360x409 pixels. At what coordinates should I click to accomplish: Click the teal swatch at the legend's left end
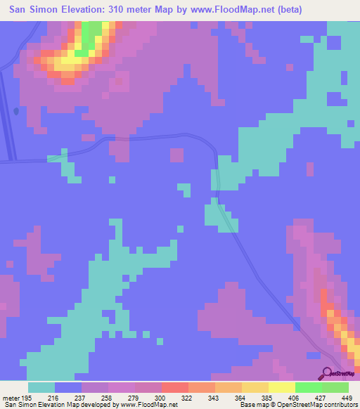point(41,387)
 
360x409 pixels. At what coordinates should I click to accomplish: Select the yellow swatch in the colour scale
point(281,387)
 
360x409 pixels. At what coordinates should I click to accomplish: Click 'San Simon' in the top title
point(32,10)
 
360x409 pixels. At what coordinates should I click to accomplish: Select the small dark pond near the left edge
point(15,110)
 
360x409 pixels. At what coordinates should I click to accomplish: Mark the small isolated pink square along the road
point(176,155)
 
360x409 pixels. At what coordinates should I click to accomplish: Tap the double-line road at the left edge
point(8,119)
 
